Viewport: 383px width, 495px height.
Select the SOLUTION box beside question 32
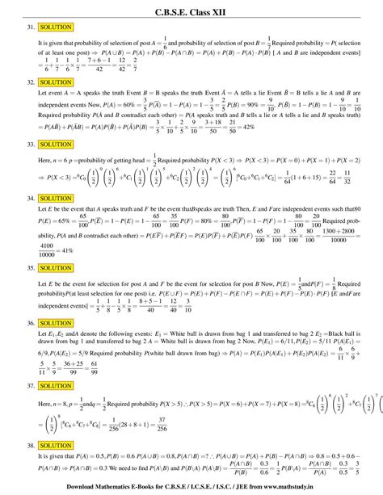(x=56, y=82)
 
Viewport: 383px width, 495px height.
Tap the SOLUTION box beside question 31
(x=56, y=27)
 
